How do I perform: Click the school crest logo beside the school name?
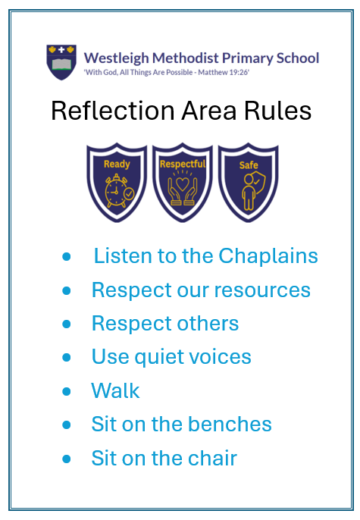click(x=61, y=62)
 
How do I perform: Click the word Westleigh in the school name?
click(x=117, y=58)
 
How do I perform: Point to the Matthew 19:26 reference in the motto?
click(x=224, y=72)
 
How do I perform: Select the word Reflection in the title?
click(x=113, y=111)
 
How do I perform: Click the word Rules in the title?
click(x=278, y=111)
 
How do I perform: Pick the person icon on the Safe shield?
click(x=249, y=193)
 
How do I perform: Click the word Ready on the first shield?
click(x=117, y=164)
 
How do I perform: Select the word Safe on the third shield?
click(x=249, y=165)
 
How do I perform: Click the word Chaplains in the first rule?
click(x=268, y=256)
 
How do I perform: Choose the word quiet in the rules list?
click(x=158, y=358)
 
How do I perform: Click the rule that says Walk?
click(x=115, y=390)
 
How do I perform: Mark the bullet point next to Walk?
click(x=67, y=391)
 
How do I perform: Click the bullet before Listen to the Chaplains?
click(x=67, y=257)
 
